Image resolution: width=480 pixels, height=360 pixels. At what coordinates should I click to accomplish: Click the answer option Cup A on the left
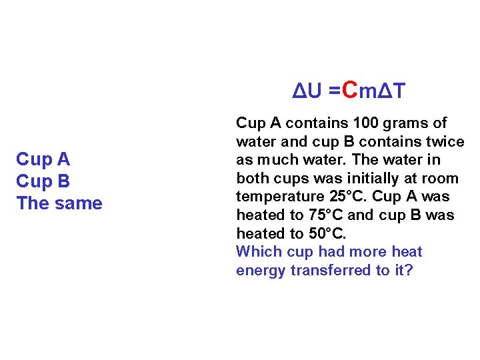pos(43,159)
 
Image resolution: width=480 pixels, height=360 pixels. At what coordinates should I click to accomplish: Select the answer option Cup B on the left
pos(43,181)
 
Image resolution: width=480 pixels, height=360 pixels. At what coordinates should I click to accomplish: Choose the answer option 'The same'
pos(59,203)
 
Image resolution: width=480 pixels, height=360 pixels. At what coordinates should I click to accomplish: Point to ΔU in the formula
pos(309,90)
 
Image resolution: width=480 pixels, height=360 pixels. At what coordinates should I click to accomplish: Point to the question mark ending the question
pos(409,270)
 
